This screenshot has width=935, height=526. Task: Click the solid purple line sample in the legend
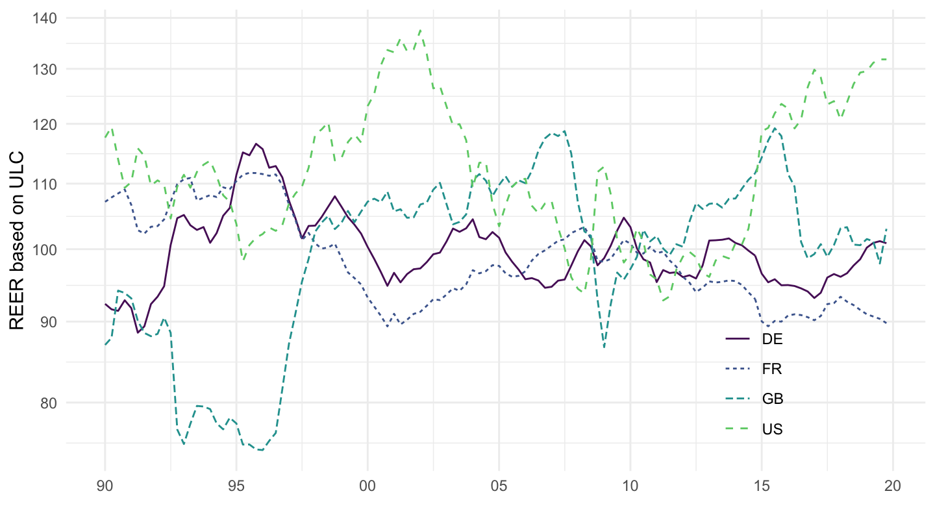point(738,339)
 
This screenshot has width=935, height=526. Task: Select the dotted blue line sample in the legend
point(738,369)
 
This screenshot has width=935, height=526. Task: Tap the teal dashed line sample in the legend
point(738,399)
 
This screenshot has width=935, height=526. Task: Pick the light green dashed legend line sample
point(738,429)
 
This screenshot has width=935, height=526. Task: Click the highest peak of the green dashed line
point(420,30)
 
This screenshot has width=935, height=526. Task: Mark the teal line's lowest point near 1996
point(261,450)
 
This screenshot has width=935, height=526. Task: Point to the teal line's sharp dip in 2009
point(605,347)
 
